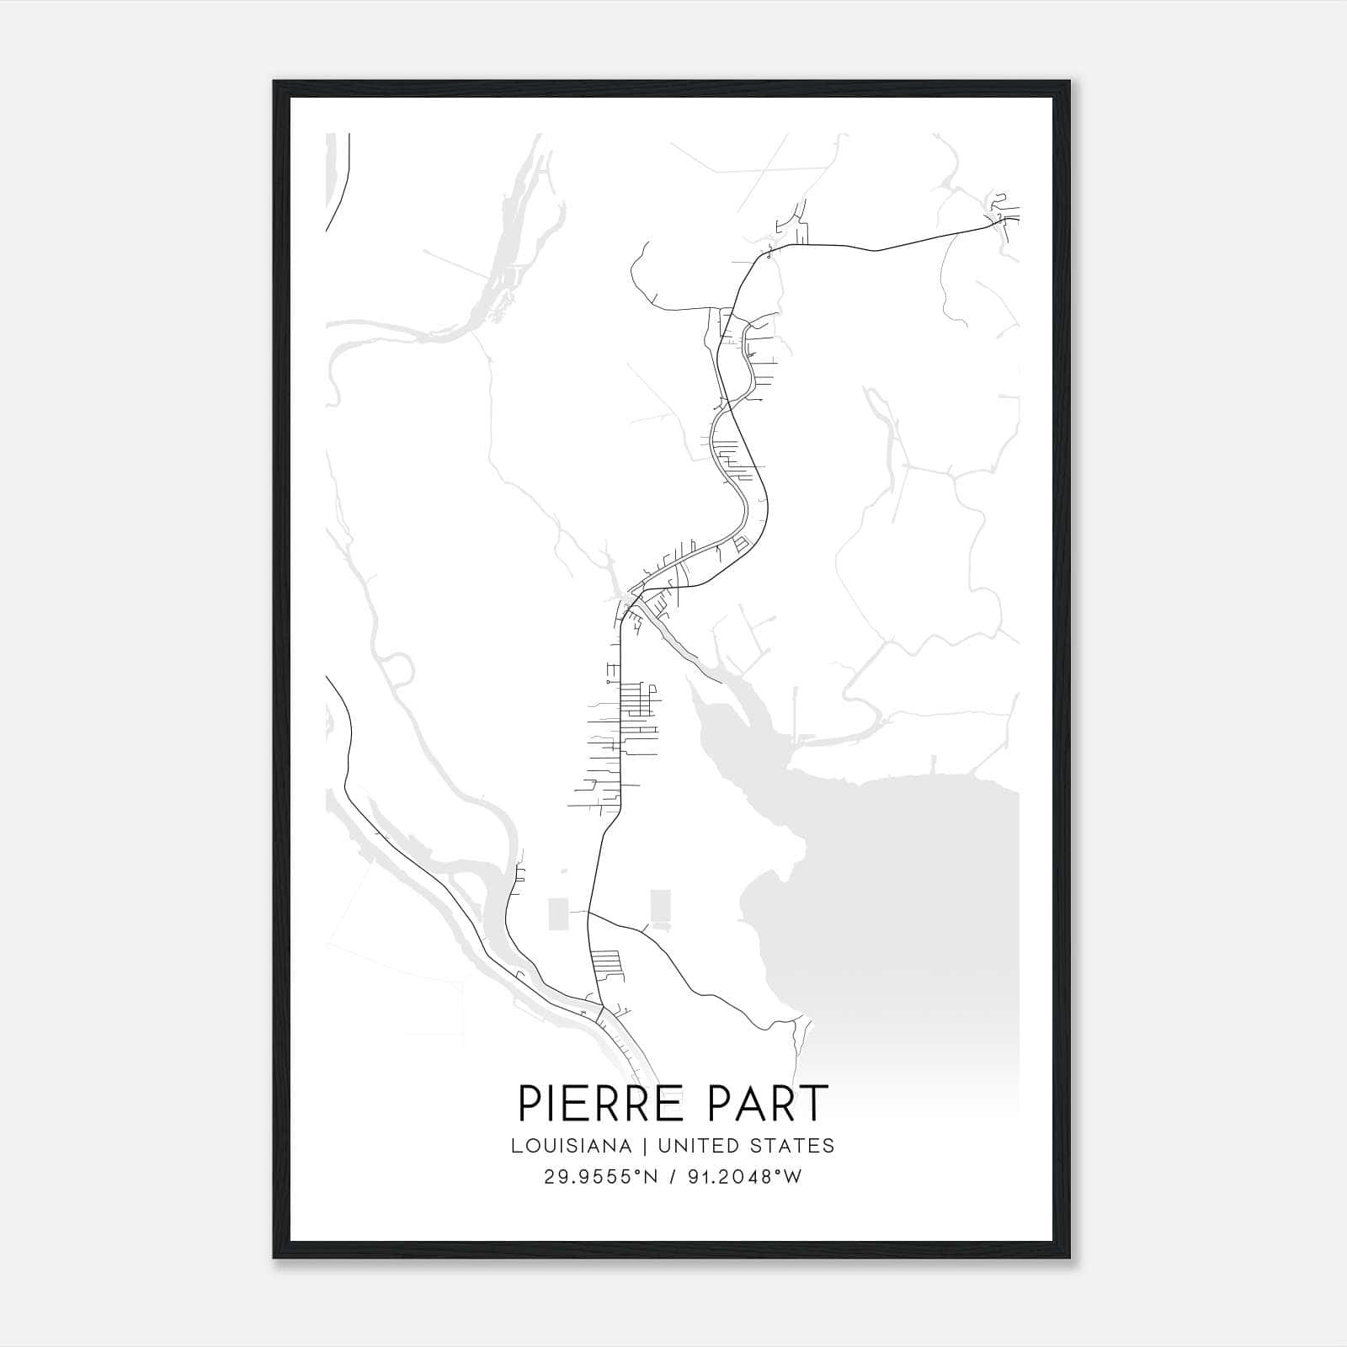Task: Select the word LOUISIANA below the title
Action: (570, 1145)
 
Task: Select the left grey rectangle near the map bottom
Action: (558, 913)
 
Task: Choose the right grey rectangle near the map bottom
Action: (661, 907)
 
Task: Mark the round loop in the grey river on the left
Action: (400, 670)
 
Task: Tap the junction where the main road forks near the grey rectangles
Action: (588, 912)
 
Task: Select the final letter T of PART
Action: (815, 1103)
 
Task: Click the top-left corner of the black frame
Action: (275, 83)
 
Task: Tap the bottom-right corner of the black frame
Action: (1070, 1258)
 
